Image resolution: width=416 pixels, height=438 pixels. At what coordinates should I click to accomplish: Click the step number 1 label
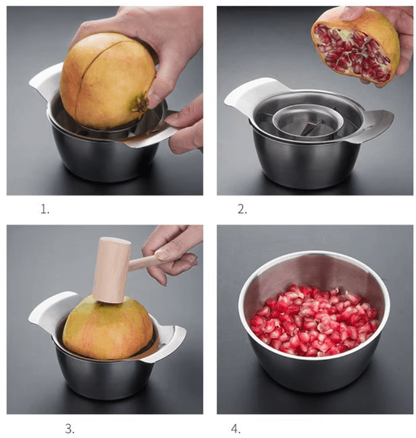tap(45, 209)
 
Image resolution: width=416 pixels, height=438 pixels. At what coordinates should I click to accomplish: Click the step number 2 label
tap(242, 209)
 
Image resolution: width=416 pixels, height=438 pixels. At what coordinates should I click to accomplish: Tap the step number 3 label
tap(70, 428)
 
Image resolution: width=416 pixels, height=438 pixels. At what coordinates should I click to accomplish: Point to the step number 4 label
tap(235, 428)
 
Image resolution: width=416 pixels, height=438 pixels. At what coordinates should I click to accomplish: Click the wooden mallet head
tap(111, 269)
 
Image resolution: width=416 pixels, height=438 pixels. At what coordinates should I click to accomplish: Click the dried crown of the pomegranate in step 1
tap(139, 103)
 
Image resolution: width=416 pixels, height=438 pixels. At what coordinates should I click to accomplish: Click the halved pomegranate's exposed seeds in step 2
tap(352, 53)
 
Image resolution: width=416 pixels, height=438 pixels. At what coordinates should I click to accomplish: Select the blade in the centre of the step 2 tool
tap(311, 128)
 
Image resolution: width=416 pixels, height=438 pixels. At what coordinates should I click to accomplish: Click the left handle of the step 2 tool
tap(250, 94)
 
